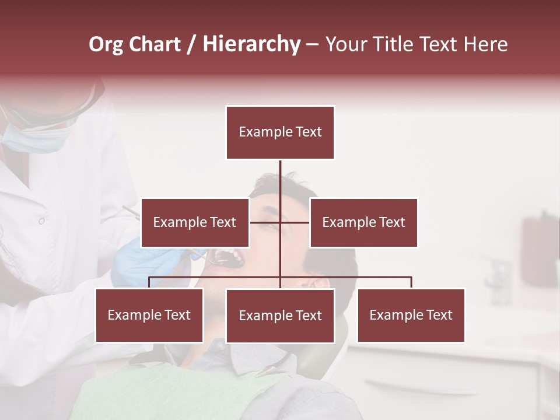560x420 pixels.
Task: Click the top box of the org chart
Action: coord(280,132)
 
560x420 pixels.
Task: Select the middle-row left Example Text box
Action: coord(195,222)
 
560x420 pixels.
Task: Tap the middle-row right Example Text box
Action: coord(363,222)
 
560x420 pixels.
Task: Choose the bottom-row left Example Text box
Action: coord(149,315)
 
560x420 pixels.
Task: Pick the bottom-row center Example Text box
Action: coord(280,316)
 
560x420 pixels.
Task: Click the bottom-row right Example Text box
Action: coord(411,315)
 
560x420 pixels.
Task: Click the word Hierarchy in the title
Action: coord(251,44)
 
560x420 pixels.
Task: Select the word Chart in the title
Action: coord(155,44)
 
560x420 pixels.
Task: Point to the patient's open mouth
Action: coord(228,257)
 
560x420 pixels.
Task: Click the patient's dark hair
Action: coord(327,257)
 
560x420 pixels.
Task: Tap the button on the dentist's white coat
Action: coord(41,220)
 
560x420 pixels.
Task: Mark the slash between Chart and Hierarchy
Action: coord(191,44)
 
